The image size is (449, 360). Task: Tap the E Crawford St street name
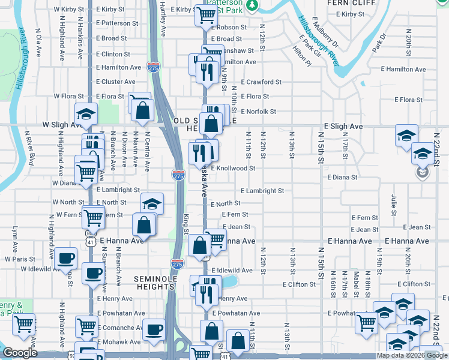(262, 82)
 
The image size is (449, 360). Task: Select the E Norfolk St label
(258, 112)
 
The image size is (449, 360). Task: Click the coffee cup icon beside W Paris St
(65, 259)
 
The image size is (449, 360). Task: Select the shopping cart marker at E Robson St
(206, 14)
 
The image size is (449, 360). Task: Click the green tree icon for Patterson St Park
(253, 5)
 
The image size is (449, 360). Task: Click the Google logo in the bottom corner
(20, 353)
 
